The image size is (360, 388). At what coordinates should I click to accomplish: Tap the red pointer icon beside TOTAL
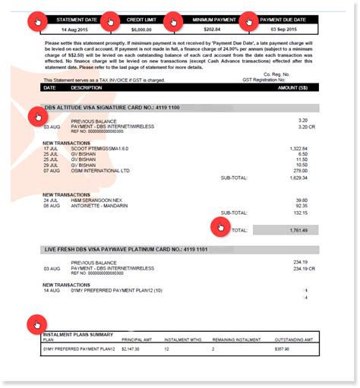click(219, 226)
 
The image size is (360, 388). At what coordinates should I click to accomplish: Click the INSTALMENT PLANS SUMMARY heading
click(77, 334)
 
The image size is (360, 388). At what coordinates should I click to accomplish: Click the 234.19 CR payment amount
click(294, 267)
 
